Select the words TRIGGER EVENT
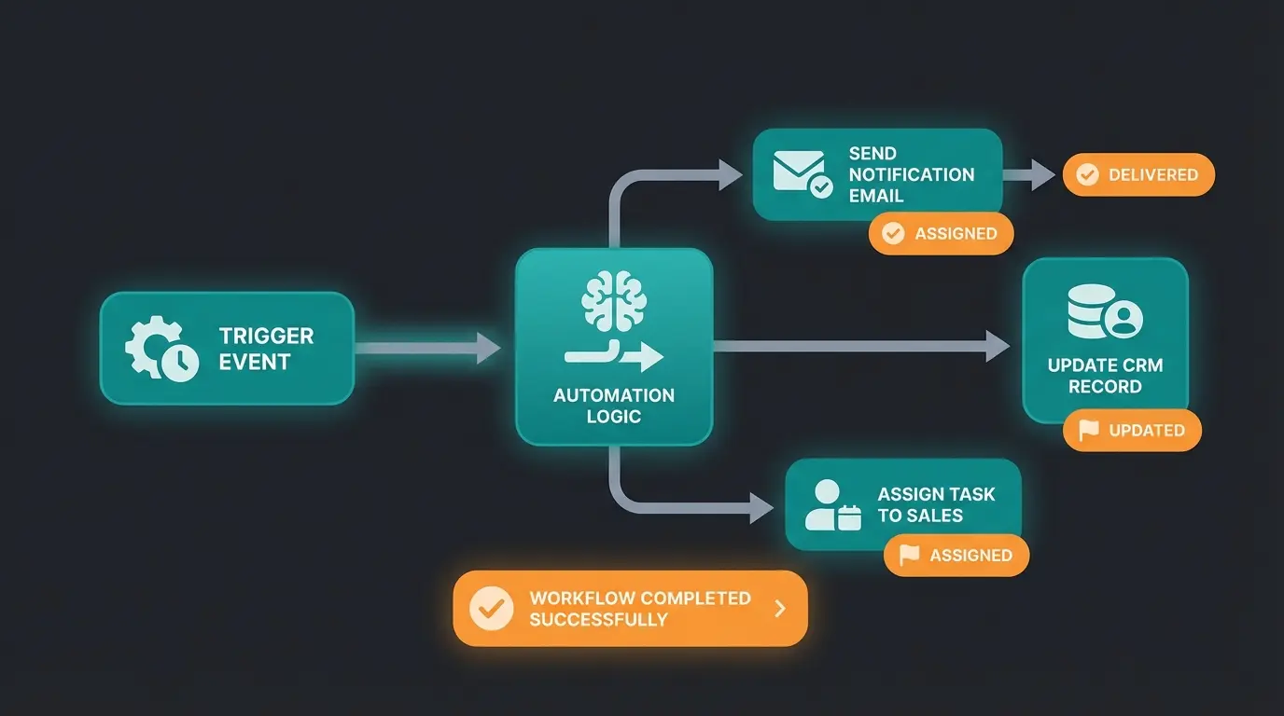coord(266,349)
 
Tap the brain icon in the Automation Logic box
coord(613,300)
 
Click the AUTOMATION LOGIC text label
coord(613,406)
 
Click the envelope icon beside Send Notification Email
coord(802,173)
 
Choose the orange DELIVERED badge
coord(1138,175)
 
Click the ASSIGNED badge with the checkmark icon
coord(941,234)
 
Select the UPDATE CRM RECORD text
coord(1105,376)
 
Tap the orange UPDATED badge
coord(1132,431)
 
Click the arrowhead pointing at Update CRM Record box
coord(998,346)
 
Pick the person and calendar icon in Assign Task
coord(831,505)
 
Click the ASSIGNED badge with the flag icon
coord(956,556)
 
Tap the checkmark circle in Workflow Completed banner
coord(491,609)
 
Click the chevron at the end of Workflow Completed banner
coord(780,609)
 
